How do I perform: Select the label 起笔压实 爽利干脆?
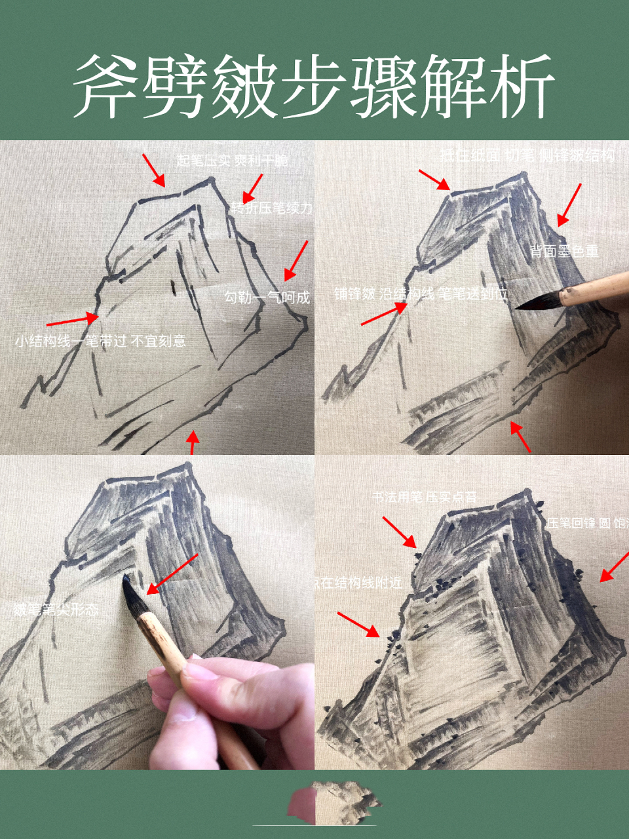pos(232,160)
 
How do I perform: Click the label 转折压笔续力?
pos(271,208)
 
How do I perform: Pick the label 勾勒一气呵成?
pos(267,297)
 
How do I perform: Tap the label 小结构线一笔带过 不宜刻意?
pos(100,341)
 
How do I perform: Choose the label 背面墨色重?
pos(564,251)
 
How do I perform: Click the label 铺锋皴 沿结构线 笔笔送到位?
pos(421,294)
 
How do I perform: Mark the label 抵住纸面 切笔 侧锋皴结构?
pos(527,155)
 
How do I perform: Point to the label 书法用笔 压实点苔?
pos(424,498)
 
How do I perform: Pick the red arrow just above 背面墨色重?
pos(569,205)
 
